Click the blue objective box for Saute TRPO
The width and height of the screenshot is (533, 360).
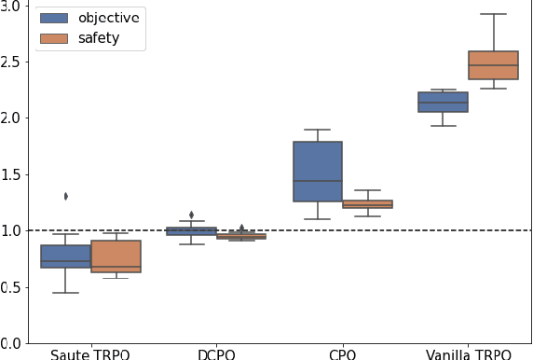pos(65,256)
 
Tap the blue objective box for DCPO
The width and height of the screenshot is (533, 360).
pos(191,230)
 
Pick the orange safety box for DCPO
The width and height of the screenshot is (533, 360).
pos(240,236)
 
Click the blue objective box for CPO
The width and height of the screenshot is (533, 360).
pos(317,172)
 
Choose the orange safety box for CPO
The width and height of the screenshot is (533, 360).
pos(367,203)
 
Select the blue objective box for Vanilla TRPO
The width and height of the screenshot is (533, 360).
pos(443,102)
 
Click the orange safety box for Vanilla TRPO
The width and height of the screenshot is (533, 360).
pos(493,65)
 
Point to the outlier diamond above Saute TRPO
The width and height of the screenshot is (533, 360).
pos(65,196)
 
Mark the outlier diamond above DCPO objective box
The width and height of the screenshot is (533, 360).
pos(191,215)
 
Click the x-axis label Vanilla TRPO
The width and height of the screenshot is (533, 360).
pos(468,353)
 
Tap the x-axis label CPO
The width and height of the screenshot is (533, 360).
pos(342,353)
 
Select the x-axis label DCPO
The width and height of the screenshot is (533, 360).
pos(216,353)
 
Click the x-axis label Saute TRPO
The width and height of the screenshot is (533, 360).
pos(90,353)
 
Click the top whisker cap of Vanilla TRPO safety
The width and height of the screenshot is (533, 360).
pos(493,14)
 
